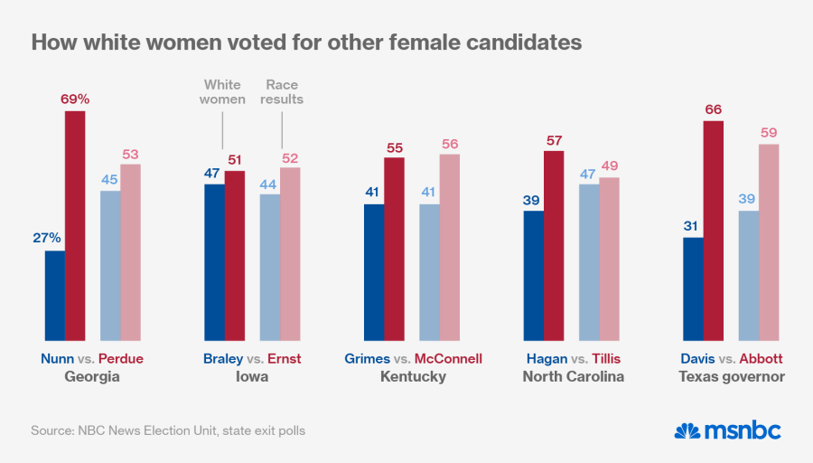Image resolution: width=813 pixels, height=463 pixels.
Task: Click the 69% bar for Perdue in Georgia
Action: click(75, 226)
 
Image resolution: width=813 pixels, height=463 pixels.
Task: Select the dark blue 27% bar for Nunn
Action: click(54, 296)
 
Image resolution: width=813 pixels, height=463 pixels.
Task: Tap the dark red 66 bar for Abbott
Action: click(715, 231)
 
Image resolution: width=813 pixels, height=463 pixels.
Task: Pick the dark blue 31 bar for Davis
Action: click(694, 289)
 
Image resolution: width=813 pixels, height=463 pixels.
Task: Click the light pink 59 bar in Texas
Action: click(769, 242)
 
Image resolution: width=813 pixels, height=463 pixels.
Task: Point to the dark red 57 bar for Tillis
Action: click(554, 246)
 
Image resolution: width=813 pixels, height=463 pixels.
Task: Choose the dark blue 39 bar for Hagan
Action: click(534, 276)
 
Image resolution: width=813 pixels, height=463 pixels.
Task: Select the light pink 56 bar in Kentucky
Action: click(450, 247)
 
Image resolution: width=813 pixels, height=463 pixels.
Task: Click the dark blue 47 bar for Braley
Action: click(214, 262)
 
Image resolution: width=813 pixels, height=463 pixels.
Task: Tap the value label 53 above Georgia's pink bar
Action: click(131, 151)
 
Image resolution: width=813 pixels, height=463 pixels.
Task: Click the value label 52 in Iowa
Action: click(290, 156)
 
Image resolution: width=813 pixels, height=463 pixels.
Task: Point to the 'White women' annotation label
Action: click(222, 92)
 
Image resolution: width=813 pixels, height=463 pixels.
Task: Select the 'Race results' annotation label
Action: click(282, 92)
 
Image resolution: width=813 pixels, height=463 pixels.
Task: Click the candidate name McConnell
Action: click(448, 358)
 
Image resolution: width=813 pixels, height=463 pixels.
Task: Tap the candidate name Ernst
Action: click(285, 358)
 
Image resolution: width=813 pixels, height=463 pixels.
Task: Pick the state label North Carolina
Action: click(573, 376)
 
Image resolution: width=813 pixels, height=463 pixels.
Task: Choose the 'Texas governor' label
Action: click(732, 376)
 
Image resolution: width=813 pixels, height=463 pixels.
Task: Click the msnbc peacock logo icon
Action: click(687, 430)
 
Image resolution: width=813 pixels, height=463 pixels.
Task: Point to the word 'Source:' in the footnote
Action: click(51, 430)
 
